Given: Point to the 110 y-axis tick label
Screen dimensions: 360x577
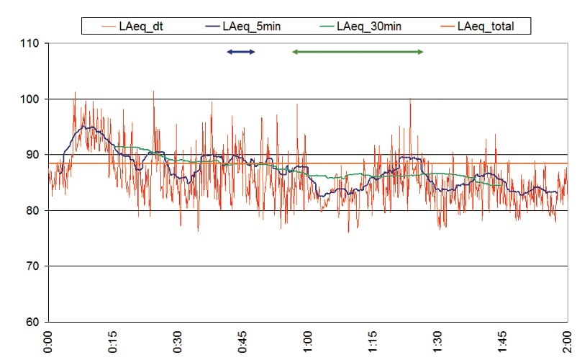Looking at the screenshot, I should [x=32, y=44].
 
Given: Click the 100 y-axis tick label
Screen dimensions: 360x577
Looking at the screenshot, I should [x=32, y=99].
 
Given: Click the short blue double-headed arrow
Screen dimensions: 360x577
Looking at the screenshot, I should [x=240, y=52].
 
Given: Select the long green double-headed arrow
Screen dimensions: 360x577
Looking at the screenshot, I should [x=358, y=52].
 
